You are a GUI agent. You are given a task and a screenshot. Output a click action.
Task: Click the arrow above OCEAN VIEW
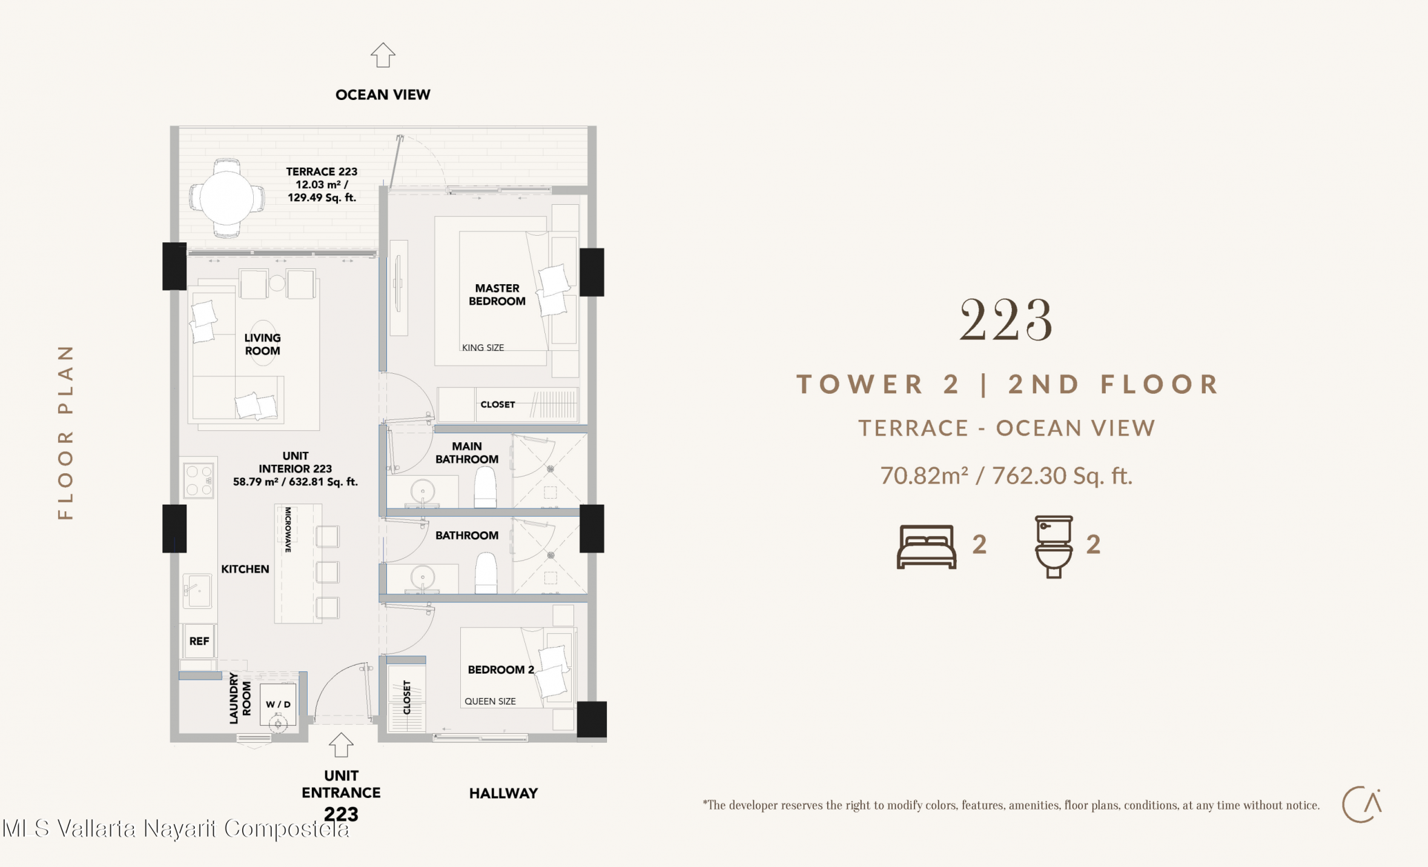pos(383,55)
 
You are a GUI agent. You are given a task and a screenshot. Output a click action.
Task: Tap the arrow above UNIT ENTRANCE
pos(341,745)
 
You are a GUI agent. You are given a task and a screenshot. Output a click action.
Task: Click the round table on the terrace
pos(226,198)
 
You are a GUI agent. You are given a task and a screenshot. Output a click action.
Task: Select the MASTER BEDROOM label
pos(497,294)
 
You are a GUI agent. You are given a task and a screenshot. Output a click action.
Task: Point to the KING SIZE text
pos(483,348)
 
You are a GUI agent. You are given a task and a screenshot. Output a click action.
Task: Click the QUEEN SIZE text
pos(490,702)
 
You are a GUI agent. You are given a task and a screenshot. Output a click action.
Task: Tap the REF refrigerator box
pos(199,641)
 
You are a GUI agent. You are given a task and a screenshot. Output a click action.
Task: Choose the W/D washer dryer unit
pos(278,705)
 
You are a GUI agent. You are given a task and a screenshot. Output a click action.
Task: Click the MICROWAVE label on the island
pos(288,530)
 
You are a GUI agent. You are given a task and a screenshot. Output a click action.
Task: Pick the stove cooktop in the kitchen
pos(199,480)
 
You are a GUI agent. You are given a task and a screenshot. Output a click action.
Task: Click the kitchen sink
pos(197,590)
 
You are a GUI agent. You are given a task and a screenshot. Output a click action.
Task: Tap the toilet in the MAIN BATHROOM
pos(485,488)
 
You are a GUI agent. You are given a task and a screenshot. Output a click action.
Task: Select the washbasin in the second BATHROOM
pos(423,578)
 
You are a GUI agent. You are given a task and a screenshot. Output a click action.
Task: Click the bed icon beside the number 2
pos(927,546)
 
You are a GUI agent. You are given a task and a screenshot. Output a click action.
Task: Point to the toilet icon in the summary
pos(1054,546)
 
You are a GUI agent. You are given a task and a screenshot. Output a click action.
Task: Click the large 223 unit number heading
pos(1006,319)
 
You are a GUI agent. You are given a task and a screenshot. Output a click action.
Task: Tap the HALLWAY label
pos(503,794)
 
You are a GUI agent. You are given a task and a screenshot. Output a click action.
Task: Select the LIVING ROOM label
pos(262,344)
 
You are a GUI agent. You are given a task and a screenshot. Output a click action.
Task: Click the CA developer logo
pos(1362,805)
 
